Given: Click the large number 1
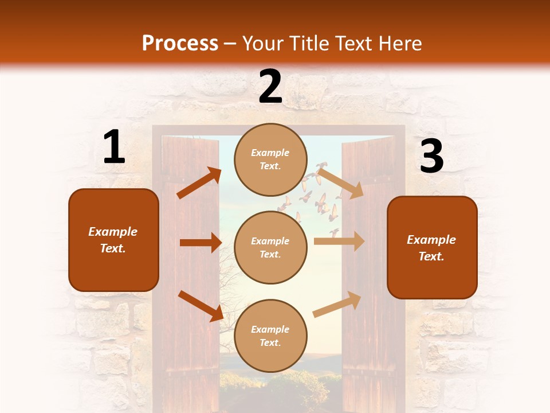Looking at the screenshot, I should [114, 147].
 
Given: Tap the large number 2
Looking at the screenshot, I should [270, 86].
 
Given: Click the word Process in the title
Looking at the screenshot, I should [180, 43].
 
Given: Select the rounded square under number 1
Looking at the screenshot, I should [113, 240].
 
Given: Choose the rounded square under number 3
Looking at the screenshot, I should [432, 247].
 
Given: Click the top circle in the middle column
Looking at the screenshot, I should [270, 159].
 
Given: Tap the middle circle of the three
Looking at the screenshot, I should [270, 247].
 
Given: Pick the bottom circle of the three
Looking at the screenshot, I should [270, 336].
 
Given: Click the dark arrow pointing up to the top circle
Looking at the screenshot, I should [199, 183].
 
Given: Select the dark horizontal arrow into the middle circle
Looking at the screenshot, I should [201, 243].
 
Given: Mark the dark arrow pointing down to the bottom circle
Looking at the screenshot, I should [201, 306].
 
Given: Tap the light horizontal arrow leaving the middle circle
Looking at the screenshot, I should [339, 241].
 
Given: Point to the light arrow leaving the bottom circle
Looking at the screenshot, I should [337, 304].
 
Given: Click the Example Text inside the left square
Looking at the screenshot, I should [113, 240].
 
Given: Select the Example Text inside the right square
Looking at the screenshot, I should [431, 248].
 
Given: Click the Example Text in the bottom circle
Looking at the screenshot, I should [270, 336].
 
